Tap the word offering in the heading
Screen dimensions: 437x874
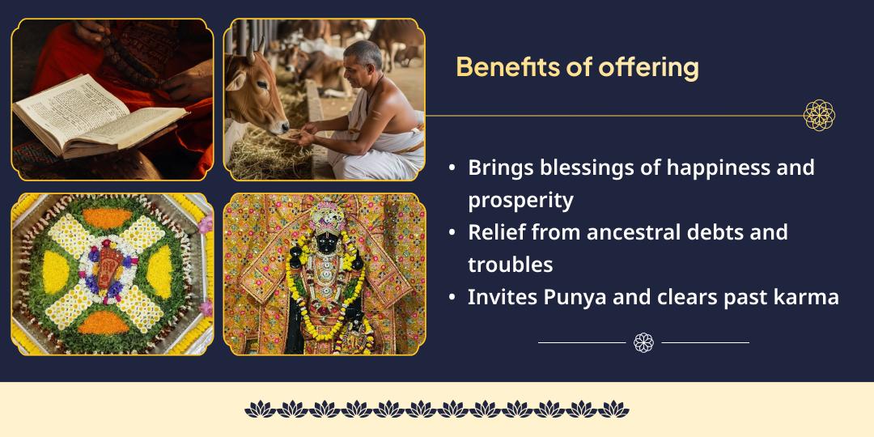pyautogui.click(x=648, y=67)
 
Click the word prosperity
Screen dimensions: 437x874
pyautogui.click(x=520, y=200)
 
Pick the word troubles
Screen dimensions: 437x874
pyautogui.click(x=510, y=265)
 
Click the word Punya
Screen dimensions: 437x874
pyautogui.click(x=555, y=297)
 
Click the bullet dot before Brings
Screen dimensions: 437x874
pyautogui.click(x=452, y=168)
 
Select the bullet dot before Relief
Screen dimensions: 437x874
pyautogui.click(x=452, y=233)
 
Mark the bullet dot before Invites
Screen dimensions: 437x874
pyautogui.click(x=452, y=298)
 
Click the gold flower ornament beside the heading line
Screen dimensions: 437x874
pyautogui.click(x=819, y=116)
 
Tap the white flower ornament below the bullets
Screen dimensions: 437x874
pyautogui.click(x=643, y=342)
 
